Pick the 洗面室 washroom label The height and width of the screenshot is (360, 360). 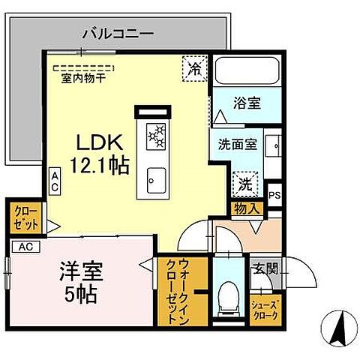pos(238,144)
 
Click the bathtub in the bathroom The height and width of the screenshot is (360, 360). pos(247,72)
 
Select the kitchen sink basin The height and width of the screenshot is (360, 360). pos(156,178)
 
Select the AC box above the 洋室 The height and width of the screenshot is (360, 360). pos(24,247)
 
